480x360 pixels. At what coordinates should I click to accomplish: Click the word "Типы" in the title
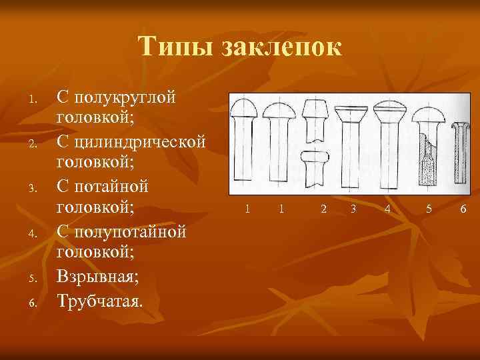point(175,47)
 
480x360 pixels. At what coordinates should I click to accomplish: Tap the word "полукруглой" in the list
point(127,97)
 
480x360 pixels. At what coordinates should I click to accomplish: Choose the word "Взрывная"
point(101,277)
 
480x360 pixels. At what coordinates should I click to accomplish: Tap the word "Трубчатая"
point(100,299)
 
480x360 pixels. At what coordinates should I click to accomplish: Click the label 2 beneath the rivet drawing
point(323,209)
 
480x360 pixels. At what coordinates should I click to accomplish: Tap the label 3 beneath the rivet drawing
point(353,209)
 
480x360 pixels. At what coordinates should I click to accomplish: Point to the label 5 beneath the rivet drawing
point(429,209)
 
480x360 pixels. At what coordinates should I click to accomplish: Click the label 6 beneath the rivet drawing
point(463,209)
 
